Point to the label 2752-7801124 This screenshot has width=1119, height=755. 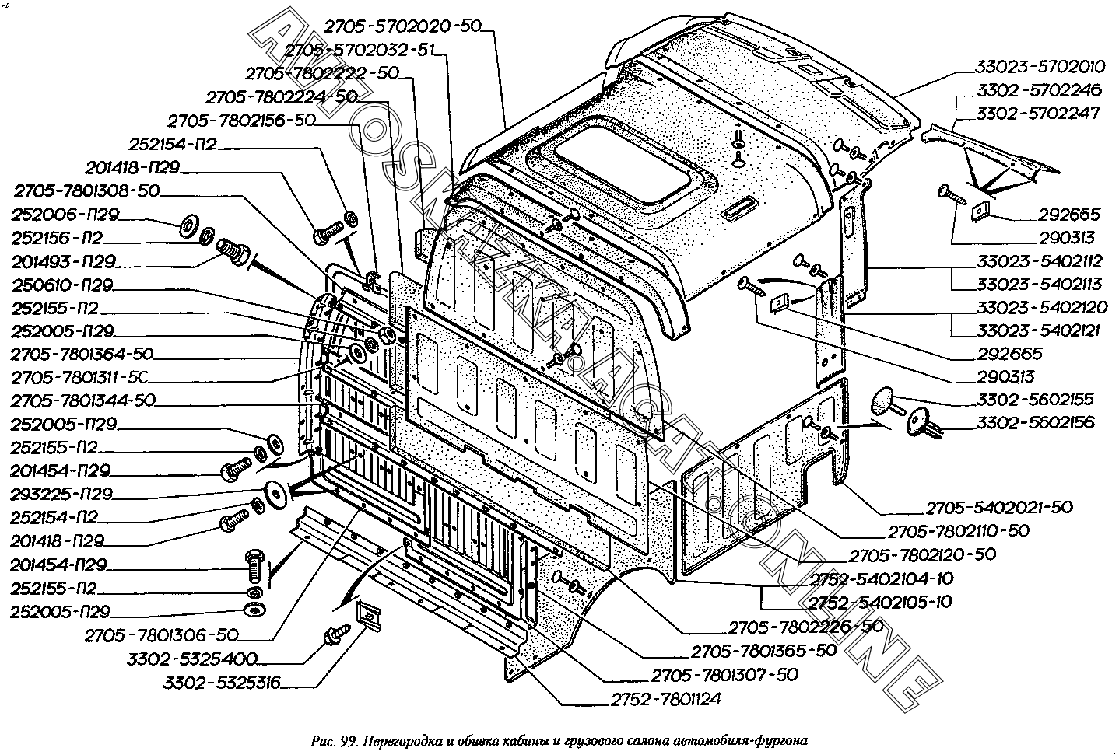point(661,699)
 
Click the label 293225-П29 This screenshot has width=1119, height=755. point(62,494)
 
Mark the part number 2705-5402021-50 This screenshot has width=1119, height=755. point(999,507)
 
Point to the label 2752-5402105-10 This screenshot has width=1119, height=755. point(880,602)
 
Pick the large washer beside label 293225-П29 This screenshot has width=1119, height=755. point(274,492)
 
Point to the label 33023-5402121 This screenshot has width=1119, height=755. point(1038,330)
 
